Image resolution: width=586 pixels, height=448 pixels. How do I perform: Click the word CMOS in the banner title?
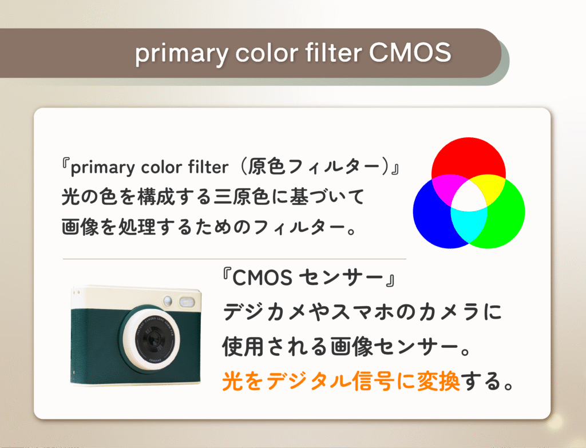coord(410,52)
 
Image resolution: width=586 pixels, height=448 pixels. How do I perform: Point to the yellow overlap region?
coord(490,187)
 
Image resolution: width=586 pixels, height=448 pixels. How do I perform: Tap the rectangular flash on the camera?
coord(187,302)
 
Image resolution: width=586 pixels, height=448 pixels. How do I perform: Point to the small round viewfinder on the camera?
coord(168,300)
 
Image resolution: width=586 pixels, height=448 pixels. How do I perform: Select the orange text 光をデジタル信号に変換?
coord(341,381)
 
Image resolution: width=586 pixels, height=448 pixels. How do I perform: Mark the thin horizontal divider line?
coord(234,259)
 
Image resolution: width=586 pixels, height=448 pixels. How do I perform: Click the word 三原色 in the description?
coord(241,197)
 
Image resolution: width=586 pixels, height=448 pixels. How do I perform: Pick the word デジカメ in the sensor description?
coord(266,312)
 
